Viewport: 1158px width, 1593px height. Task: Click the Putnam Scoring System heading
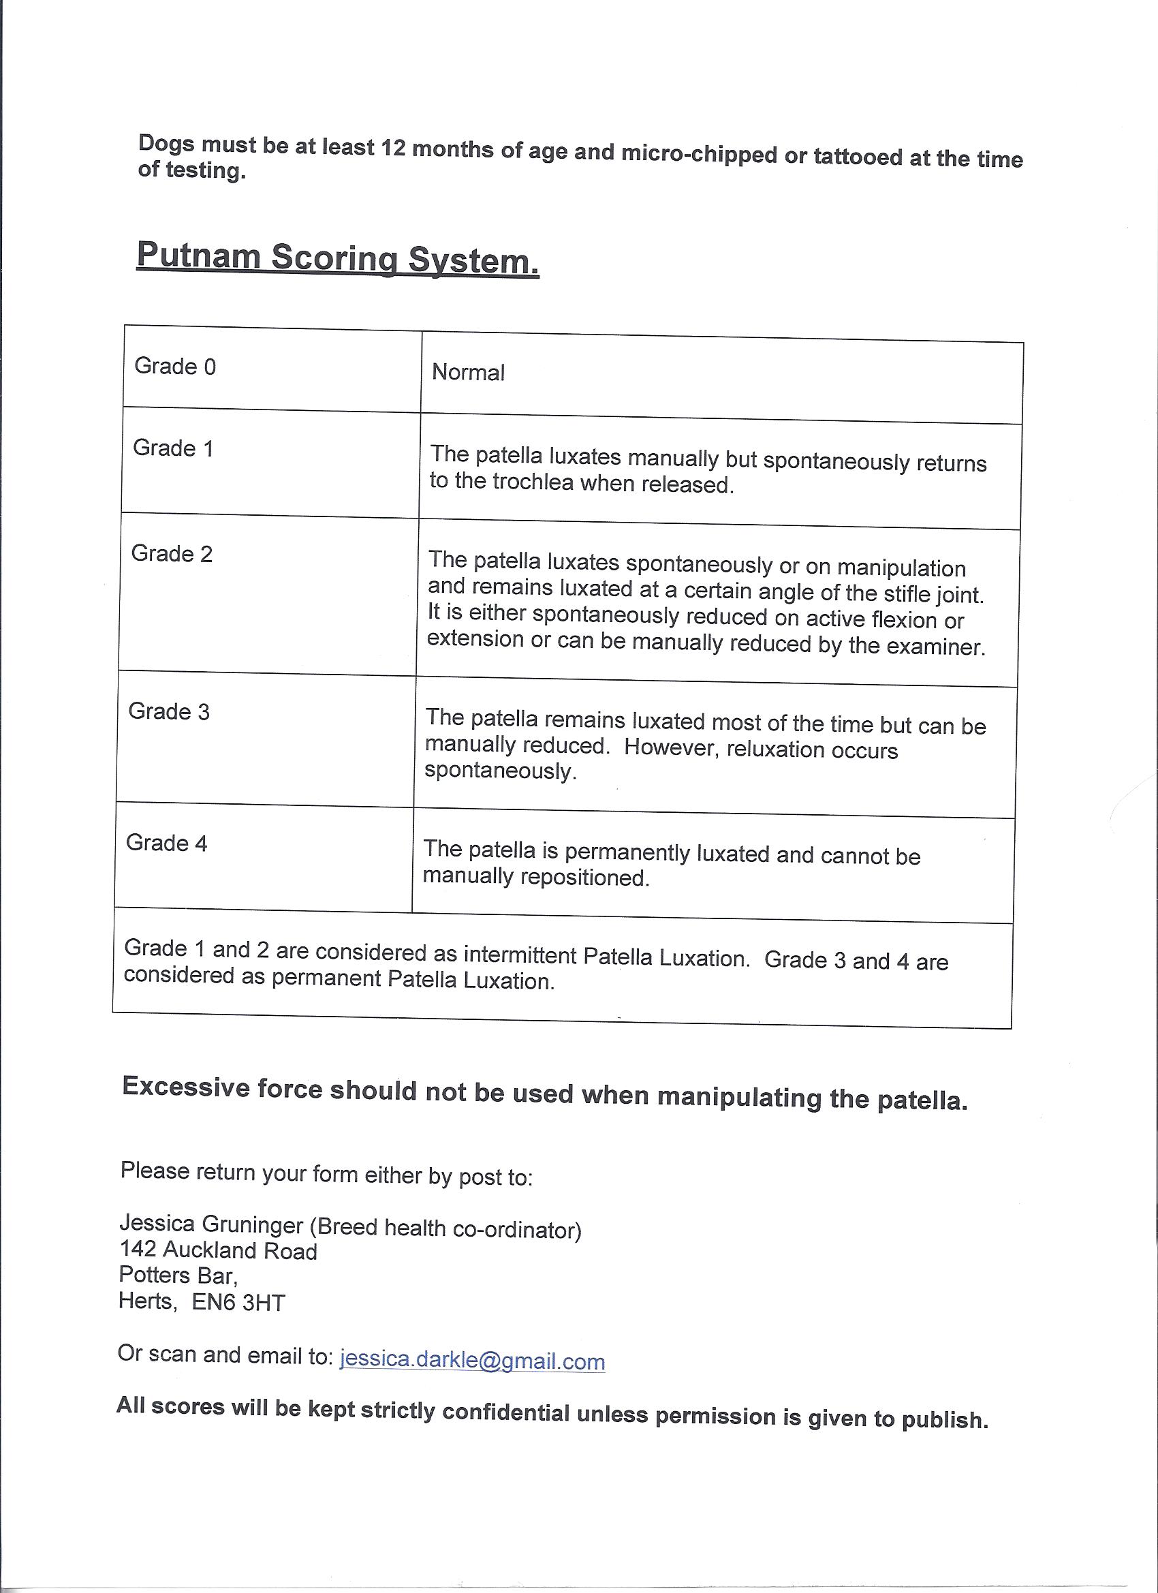(337, 257)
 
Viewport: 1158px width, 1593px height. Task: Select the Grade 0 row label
(175, 366)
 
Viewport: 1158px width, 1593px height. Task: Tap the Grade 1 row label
(173, 448)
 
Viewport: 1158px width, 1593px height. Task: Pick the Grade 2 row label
(172, 553)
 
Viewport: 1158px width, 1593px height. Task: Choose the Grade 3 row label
(168, 711)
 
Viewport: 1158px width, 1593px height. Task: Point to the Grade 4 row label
(166, 843)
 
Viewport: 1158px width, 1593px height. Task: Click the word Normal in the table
(468, 372)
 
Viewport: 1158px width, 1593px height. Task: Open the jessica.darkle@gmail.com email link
(472, 1361)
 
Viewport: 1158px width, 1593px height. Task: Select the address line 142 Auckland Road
(219, 1250)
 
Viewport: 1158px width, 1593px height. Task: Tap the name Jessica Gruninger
(211, 1224)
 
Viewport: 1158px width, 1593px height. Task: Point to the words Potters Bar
(178, 1275)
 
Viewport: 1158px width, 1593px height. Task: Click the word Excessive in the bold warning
(186, 1086)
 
